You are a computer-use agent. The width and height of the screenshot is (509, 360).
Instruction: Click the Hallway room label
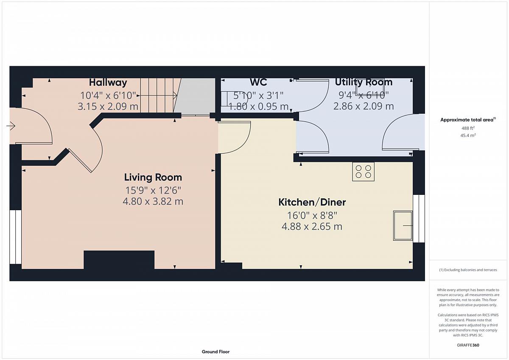click(108, 82)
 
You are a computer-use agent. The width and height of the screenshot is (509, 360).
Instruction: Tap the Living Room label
click(153, 177)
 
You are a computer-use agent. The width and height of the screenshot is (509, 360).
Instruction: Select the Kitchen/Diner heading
click(312, 202)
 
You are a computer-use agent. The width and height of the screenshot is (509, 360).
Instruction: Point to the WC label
click(258, 82)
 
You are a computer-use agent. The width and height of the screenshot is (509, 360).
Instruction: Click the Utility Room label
click(364, 82)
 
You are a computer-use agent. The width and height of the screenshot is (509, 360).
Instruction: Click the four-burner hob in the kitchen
click(363, 172)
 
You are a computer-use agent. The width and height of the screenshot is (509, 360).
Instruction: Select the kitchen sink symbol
click(403, 225)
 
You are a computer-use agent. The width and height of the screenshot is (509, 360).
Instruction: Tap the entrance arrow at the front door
click(11, 126)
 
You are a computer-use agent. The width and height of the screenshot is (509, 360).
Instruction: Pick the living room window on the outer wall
click(15, 237)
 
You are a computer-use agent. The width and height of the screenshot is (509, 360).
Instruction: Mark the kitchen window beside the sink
click(419, 219)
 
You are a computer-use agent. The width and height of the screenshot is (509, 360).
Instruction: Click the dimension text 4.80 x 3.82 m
click(153, 202)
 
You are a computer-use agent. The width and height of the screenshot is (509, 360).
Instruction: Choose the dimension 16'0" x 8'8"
click(312, 215)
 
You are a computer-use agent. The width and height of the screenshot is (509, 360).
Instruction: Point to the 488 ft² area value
click(468, 128)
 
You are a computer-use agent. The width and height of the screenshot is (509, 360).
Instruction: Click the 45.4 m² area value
click(468, 135)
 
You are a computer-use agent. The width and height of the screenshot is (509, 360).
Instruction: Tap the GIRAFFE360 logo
click(468, 345)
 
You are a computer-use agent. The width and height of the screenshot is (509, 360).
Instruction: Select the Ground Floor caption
click(215, 352)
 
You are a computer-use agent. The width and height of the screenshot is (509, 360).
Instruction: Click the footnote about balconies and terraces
click(468, 270)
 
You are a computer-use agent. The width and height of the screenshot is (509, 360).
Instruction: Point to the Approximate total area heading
click(468, 120)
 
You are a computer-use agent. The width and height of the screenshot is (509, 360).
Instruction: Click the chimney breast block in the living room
click(119, 260)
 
